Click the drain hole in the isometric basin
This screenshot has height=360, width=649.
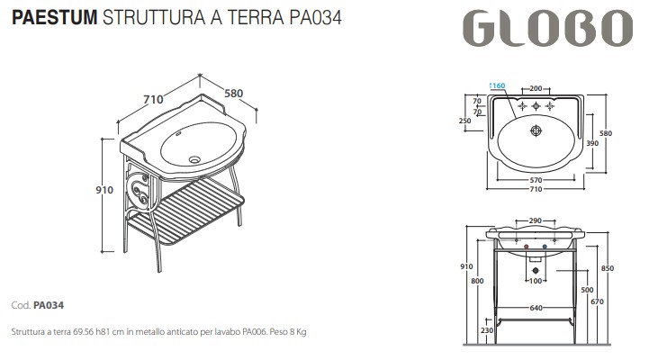[193, 158]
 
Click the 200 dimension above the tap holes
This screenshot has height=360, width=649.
[535, 89]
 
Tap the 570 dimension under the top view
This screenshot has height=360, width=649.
[535, 181]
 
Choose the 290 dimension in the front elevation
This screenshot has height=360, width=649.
[535, 221]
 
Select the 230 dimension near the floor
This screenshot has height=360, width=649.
[487, 330]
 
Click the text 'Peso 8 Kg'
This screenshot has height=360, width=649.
[286, 332]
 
